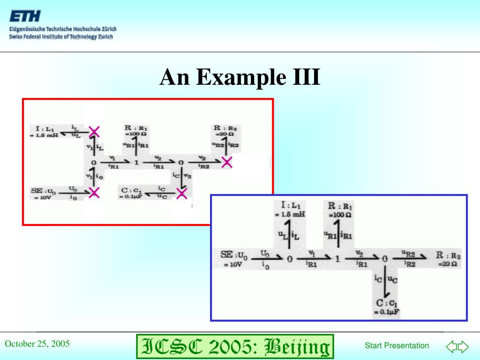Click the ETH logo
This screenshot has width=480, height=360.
coord(25,17)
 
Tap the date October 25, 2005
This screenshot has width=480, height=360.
coord(37,344)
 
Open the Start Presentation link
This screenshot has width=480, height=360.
coord(397,345)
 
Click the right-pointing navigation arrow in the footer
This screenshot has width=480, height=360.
coord(463,346)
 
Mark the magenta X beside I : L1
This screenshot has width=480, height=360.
coord(95,131)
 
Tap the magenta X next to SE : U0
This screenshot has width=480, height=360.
coord(94,192)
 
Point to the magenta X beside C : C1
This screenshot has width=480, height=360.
coord(181,193)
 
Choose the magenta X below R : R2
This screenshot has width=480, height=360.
coord(227,163)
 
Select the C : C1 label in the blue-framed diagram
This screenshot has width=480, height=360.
coord(387,303)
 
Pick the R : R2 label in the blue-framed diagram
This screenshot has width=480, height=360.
coord(448,255)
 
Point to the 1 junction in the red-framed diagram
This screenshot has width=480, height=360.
coord(136,162)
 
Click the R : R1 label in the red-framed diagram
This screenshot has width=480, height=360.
coord(136,127)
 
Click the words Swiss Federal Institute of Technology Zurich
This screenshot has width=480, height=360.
coord(61,37)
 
